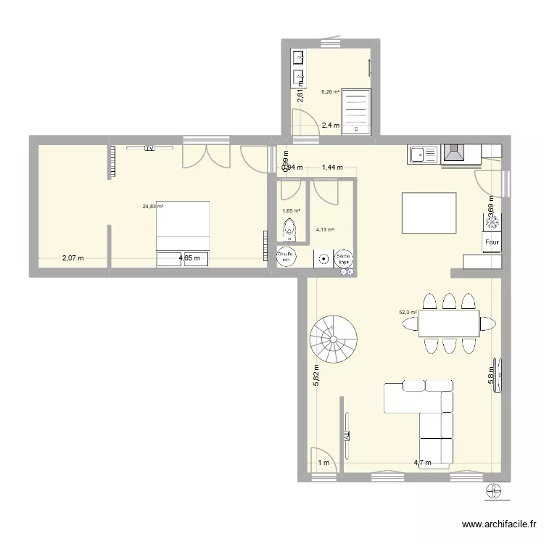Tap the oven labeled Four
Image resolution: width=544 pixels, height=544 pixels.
[492, 243]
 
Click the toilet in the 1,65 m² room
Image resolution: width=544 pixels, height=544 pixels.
[289, 229]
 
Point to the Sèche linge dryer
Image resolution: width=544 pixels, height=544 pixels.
[342, 257]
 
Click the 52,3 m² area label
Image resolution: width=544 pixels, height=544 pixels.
[408, 313]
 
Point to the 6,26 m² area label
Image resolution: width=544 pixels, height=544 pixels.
[331, 92]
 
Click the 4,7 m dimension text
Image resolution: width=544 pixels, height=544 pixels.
[422, 463]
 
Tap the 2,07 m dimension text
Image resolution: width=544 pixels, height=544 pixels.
[73, 257]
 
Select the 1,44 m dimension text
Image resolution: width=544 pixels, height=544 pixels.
[331, 168]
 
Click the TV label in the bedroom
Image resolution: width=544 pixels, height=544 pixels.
[149, 149]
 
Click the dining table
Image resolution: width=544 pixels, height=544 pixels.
[448, 323]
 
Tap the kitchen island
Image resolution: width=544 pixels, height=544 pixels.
[429, 213]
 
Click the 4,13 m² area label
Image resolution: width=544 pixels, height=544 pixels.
[324, 231]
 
